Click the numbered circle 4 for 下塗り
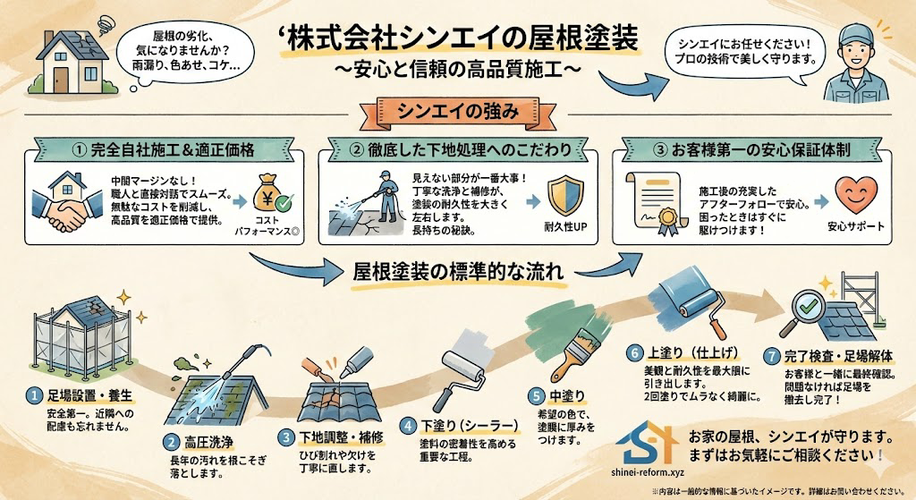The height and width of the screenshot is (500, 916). click(x=408, y=424)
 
